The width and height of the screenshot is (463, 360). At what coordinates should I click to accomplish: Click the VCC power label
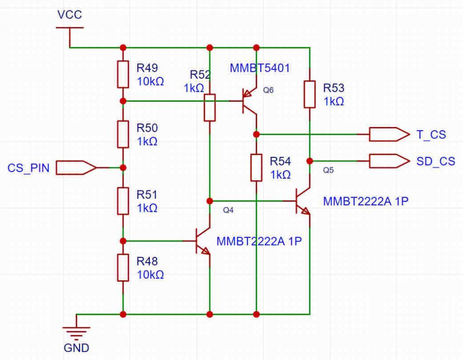[x=70, y=15]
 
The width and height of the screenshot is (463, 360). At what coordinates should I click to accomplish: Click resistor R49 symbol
[x=123, y=74]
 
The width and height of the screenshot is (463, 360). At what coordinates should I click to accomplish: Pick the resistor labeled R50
[x=123, y=134]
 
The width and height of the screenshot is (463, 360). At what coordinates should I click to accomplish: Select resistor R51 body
[x=123, y=201]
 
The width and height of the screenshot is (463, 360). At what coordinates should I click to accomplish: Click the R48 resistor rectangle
[x=123, y=268]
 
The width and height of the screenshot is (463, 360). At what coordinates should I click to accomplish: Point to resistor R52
[x=209, y=107]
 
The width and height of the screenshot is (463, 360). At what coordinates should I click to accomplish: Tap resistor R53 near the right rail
[x=309, y=94]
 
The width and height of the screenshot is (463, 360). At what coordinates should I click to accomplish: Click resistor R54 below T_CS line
[x=256, y=167]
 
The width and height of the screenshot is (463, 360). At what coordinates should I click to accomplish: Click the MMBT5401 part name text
[x=260, y=68]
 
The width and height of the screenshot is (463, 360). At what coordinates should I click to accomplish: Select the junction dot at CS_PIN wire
[x=123, y=168]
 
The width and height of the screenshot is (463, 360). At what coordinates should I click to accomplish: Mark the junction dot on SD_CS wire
[x=309, y=161]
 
